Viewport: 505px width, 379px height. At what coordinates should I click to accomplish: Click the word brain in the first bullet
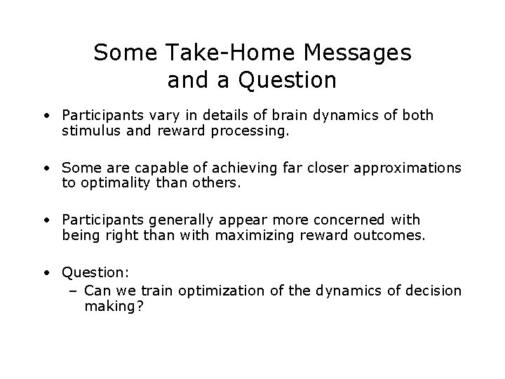click(x=278, y=115)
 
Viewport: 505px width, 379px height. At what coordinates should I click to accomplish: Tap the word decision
click(x=434, y=290)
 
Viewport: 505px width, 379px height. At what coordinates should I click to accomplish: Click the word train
click(x=156, y=290)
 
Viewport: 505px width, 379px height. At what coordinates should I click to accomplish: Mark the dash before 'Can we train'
click(x=74, y=290)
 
